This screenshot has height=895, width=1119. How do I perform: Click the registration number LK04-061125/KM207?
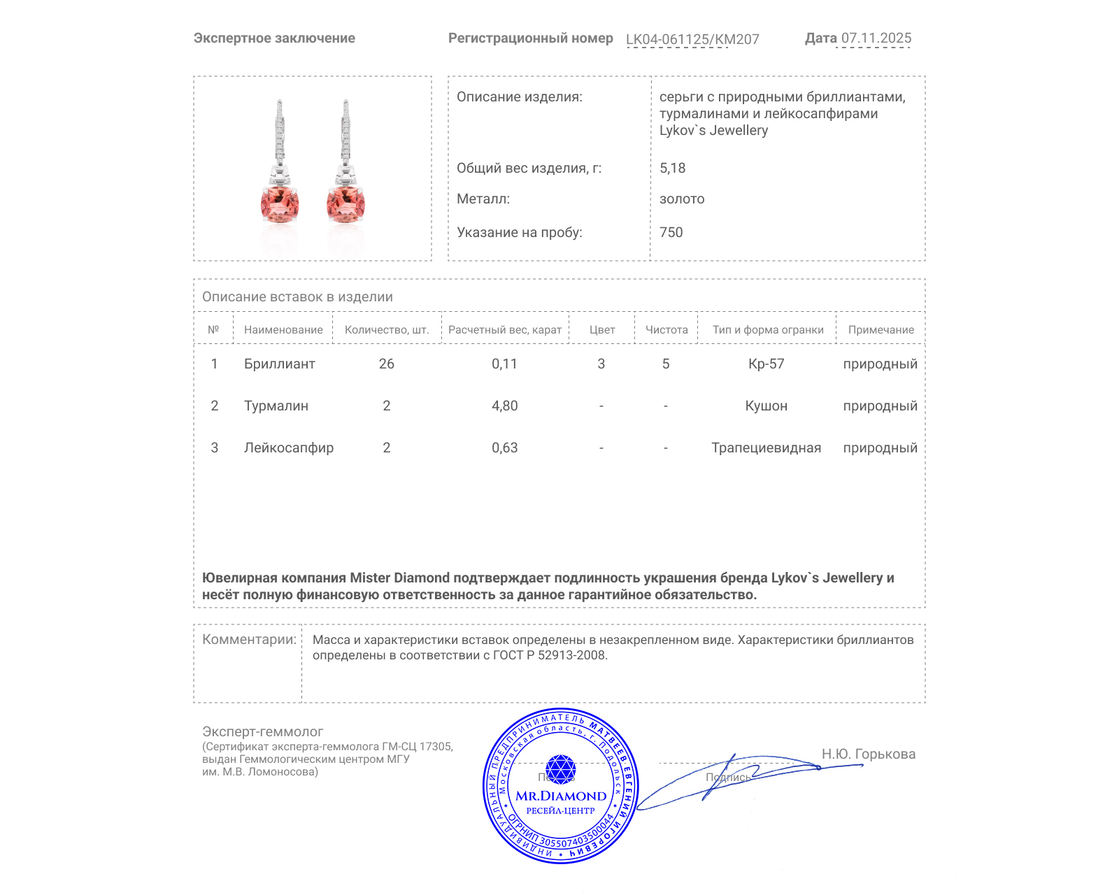(x=692, y=39)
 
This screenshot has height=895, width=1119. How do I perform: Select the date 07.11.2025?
(x=876, y=38)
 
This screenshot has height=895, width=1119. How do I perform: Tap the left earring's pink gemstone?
(x=280, y=203)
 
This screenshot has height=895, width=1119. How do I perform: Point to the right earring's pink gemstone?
(x=345, y=203)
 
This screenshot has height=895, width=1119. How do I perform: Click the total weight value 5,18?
(x=672, y=168)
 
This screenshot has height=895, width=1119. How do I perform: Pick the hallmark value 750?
(x=671, y=232)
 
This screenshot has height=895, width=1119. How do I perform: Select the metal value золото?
(x=682, y=199)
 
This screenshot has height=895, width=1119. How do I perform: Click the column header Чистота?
(x=667, y=330)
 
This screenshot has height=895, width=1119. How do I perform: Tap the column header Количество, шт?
(x=387, y=330)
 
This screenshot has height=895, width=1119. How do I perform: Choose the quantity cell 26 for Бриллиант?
(x=387, y=364)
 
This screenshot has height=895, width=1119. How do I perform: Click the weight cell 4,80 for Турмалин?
(x=504, y=406)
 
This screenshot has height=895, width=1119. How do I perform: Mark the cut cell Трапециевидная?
(x=766, y=447)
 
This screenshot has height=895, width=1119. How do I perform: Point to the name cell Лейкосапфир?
(x=289, y=447)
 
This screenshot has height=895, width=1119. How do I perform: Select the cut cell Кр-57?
(x=766, y=364)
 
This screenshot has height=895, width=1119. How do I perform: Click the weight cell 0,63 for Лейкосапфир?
(x=504, y=447)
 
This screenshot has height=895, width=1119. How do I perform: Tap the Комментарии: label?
(x=249, y=639)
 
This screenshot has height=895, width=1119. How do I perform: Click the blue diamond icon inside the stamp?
(x=560, y=768)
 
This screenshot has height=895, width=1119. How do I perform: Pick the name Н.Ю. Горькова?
(x=868, y=754)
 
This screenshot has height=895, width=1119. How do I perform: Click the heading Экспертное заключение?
(x=274, y=38)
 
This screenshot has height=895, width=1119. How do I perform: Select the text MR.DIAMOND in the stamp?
(x=561, y=796)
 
